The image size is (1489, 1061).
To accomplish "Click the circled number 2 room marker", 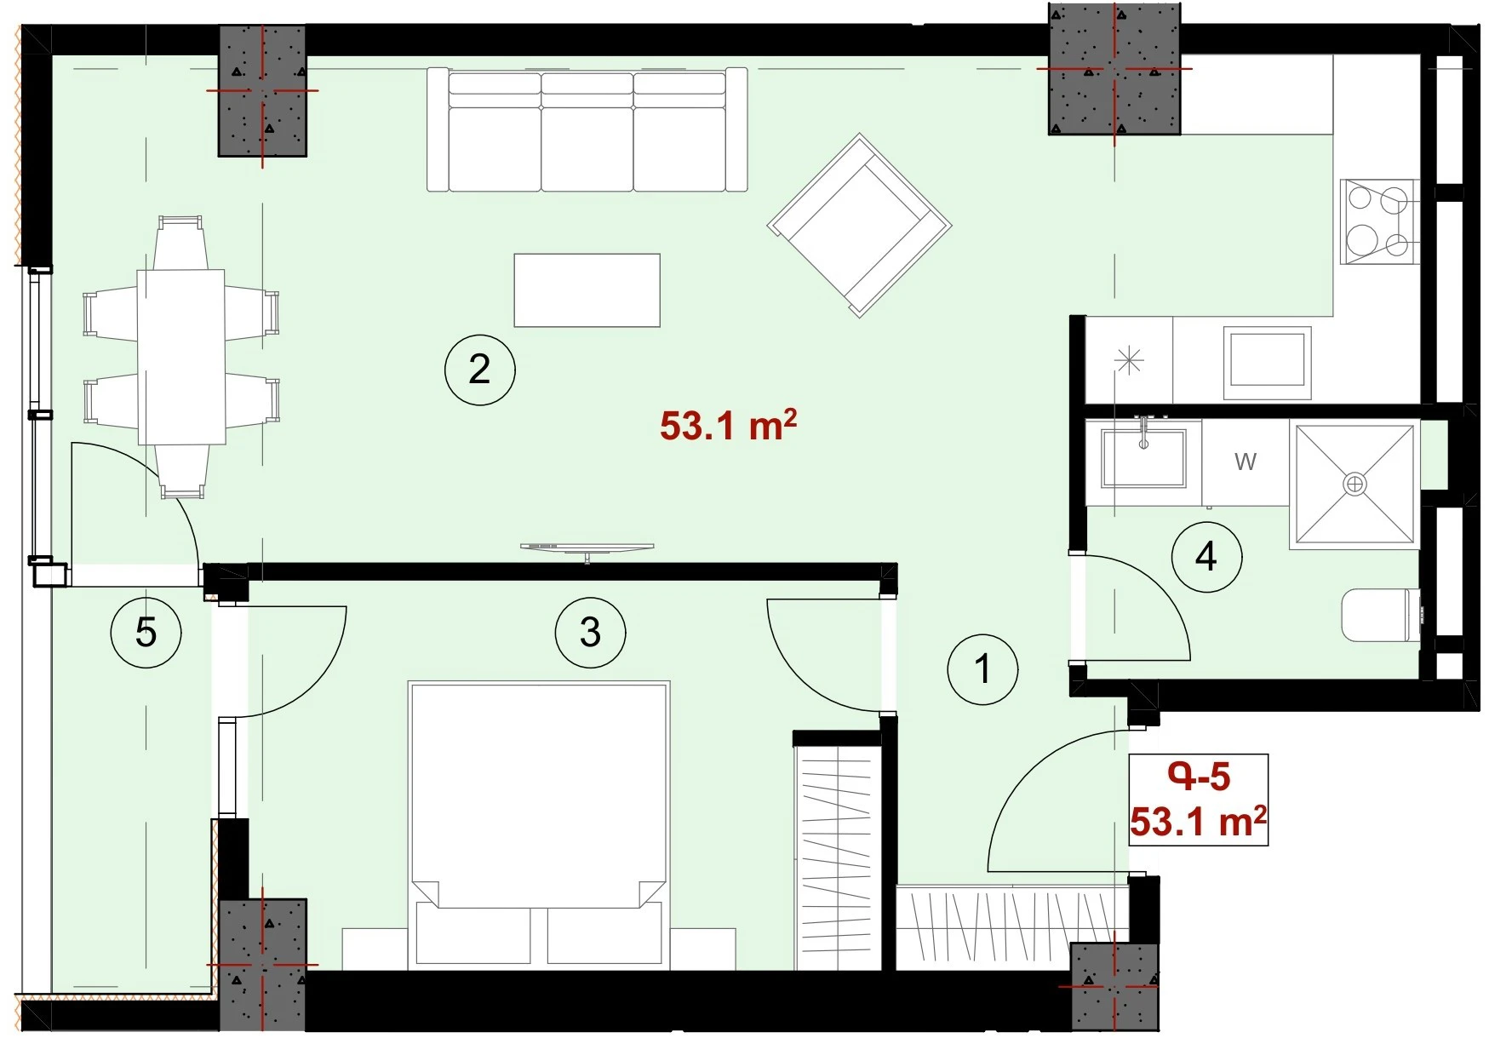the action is [479, 370].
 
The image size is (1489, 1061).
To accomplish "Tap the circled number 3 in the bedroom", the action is [590, 633].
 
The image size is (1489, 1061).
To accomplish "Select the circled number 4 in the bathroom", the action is [1206, 558].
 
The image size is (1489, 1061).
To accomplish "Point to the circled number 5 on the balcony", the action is [146, 633].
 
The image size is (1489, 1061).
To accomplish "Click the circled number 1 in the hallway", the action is [983, 668].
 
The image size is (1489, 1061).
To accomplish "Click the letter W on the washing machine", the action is [1246, 462].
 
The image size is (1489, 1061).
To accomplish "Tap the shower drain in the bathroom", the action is [1354, 485].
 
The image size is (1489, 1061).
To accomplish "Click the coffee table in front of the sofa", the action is [587, 290].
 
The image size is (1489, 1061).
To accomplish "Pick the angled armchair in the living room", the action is [859, 225].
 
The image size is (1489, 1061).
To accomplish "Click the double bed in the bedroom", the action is [538, 824].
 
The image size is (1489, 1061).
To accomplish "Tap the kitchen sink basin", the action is [1267, 362].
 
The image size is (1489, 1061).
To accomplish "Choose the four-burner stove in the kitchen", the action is [1379, 221].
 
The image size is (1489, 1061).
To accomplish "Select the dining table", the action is [181, 357].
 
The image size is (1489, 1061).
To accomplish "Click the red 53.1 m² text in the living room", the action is [729, 425].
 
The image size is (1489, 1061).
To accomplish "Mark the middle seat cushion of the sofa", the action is [587, 149].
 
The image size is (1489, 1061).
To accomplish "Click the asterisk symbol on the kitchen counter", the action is [1129, 361].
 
